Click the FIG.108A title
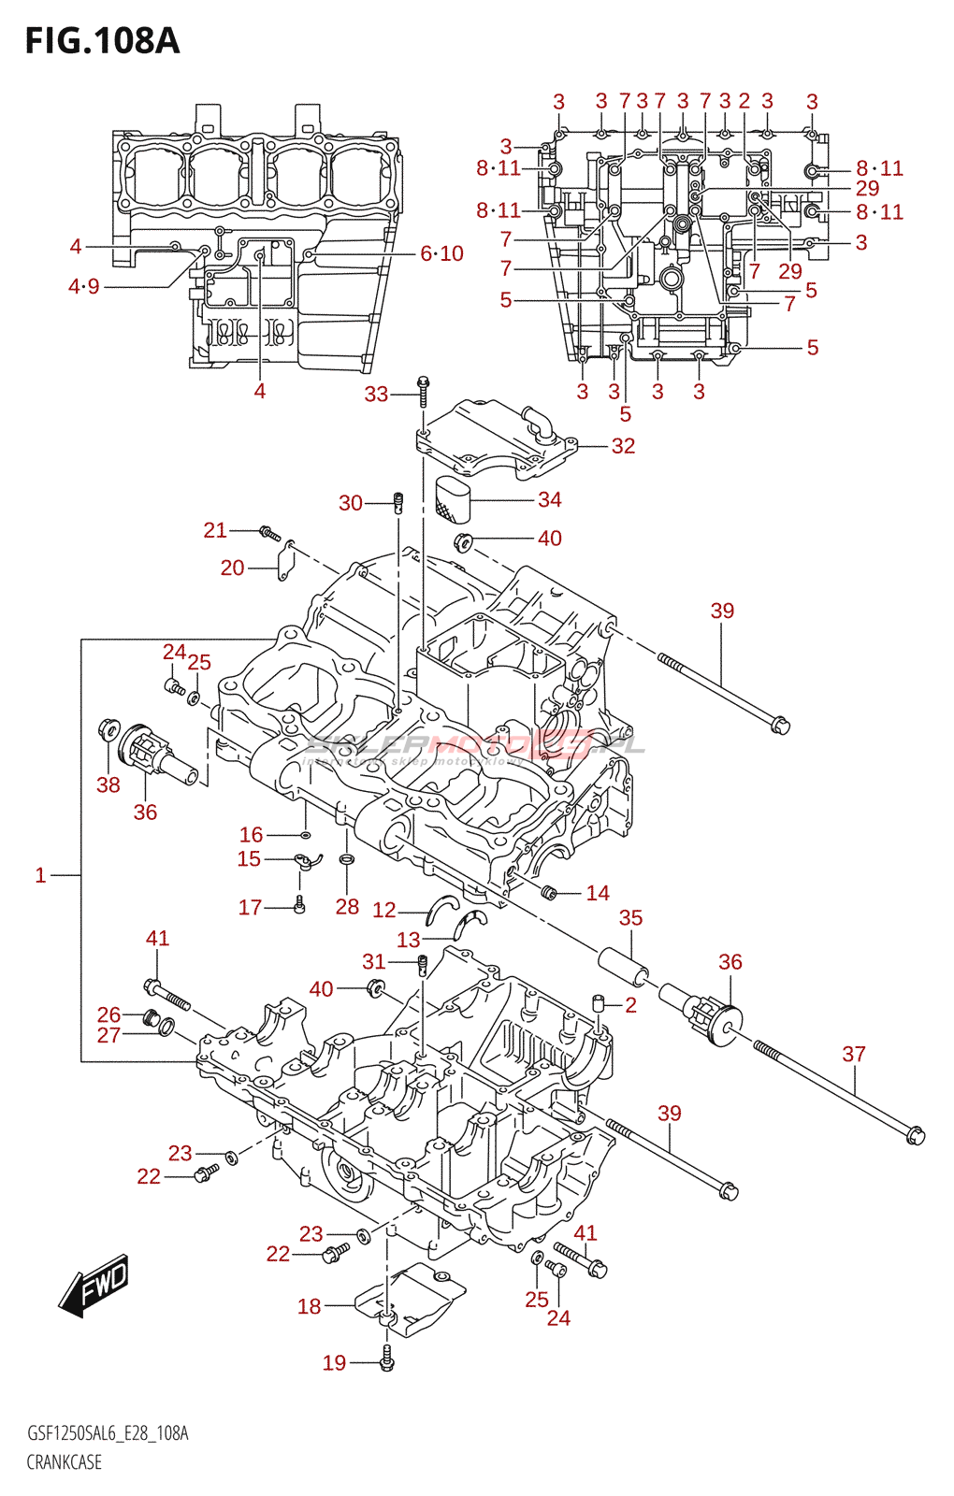102,41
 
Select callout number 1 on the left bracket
40,875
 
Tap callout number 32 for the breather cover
623,446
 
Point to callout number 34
549,500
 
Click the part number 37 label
853,1054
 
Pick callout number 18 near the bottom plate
309,1306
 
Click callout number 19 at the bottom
334,1363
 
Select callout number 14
597,893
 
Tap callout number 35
630,918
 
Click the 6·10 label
441,253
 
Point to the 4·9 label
83,286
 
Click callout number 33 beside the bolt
376,395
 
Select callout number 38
108,784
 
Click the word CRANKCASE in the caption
64,1462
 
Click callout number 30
351,503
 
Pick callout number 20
232,568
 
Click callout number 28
347,906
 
